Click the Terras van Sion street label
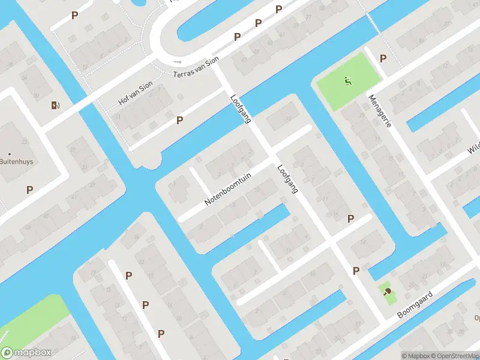[196, 67]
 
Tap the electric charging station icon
[56, 106]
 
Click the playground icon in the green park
[347, 80]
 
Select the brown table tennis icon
[388, 292]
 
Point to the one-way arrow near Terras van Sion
[177, 61]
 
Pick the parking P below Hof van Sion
[179, 121]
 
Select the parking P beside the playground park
[383, 58]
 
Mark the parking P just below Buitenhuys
[29, 190]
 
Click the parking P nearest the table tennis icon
[356, 271]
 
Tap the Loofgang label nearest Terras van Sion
[240, 109]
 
